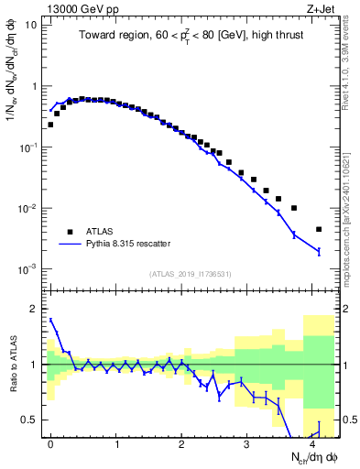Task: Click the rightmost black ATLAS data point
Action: pos(319,229)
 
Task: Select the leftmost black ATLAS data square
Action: pos(50,125)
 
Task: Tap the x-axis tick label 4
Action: pos(312,444)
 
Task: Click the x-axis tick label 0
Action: pos(50,444)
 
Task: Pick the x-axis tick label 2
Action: pos(181,444)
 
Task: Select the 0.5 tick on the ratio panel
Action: pos(30,420)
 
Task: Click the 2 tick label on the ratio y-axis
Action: pos(34,310)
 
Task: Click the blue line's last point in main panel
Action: pos(319,251)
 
